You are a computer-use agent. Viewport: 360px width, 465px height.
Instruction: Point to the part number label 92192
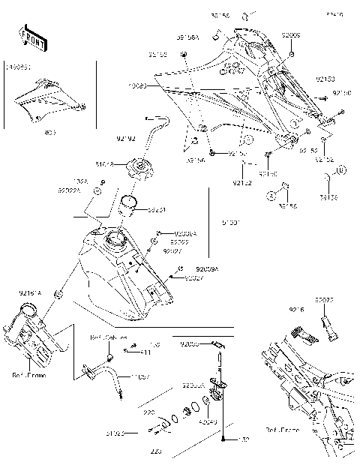point(125,138)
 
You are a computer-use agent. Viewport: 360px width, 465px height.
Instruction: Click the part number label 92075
point(324,299)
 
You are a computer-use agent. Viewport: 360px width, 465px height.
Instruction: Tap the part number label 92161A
point(30,293)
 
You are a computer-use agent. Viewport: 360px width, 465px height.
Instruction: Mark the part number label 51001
point(232,223)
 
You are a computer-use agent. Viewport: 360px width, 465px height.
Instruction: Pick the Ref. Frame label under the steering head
point(29,375)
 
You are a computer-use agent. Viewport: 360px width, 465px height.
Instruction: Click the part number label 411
point(146,352)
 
